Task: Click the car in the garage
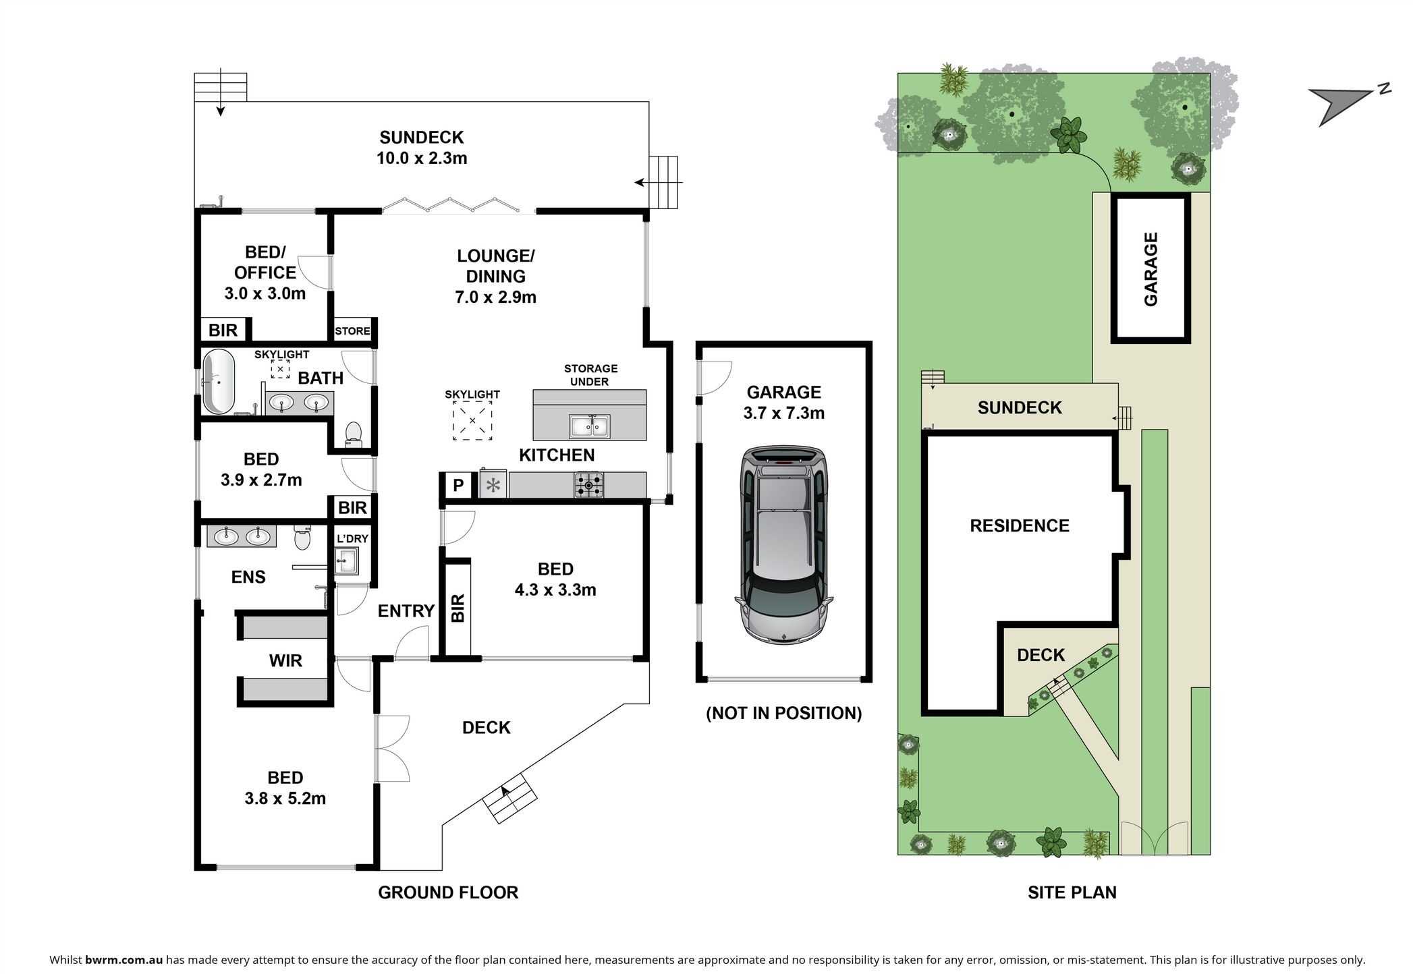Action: point(783,544)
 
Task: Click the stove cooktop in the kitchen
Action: point(589,484)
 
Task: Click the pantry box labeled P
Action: point(458,485)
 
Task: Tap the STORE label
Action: point(352,331)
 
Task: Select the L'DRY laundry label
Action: point(352,538)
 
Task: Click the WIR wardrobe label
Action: point(285,660)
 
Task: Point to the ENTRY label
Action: point(406,611)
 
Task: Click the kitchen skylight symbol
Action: point(472,420)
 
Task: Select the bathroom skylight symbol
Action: point(281,369)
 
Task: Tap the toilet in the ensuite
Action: point(302,538)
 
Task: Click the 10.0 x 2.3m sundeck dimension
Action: point(422,159)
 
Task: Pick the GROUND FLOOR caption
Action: point(448,892)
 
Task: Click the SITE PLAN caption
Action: point(1072,892)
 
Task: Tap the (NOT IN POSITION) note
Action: point(784,713)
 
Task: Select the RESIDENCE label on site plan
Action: point(1020,526)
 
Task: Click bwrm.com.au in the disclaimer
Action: point(124,960)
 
